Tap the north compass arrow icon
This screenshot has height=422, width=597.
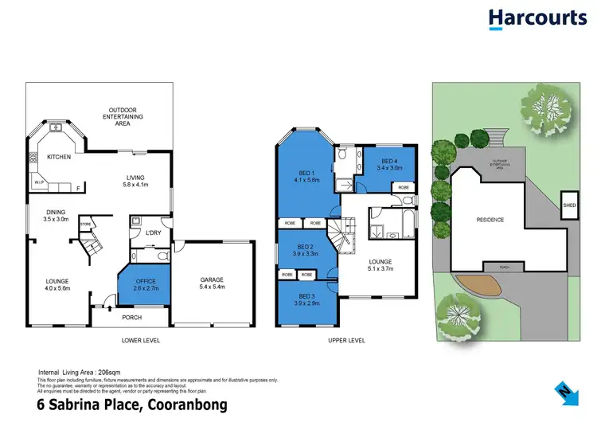(564, 392)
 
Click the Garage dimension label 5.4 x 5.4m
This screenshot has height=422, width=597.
(213, 286)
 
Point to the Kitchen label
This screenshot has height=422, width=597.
(60, 157)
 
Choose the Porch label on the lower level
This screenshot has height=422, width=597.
(131, 318)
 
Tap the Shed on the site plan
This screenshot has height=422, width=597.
(568, 205)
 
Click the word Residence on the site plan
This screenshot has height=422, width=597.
(490, 220)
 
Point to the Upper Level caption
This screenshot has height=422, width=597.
(345, 340)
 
